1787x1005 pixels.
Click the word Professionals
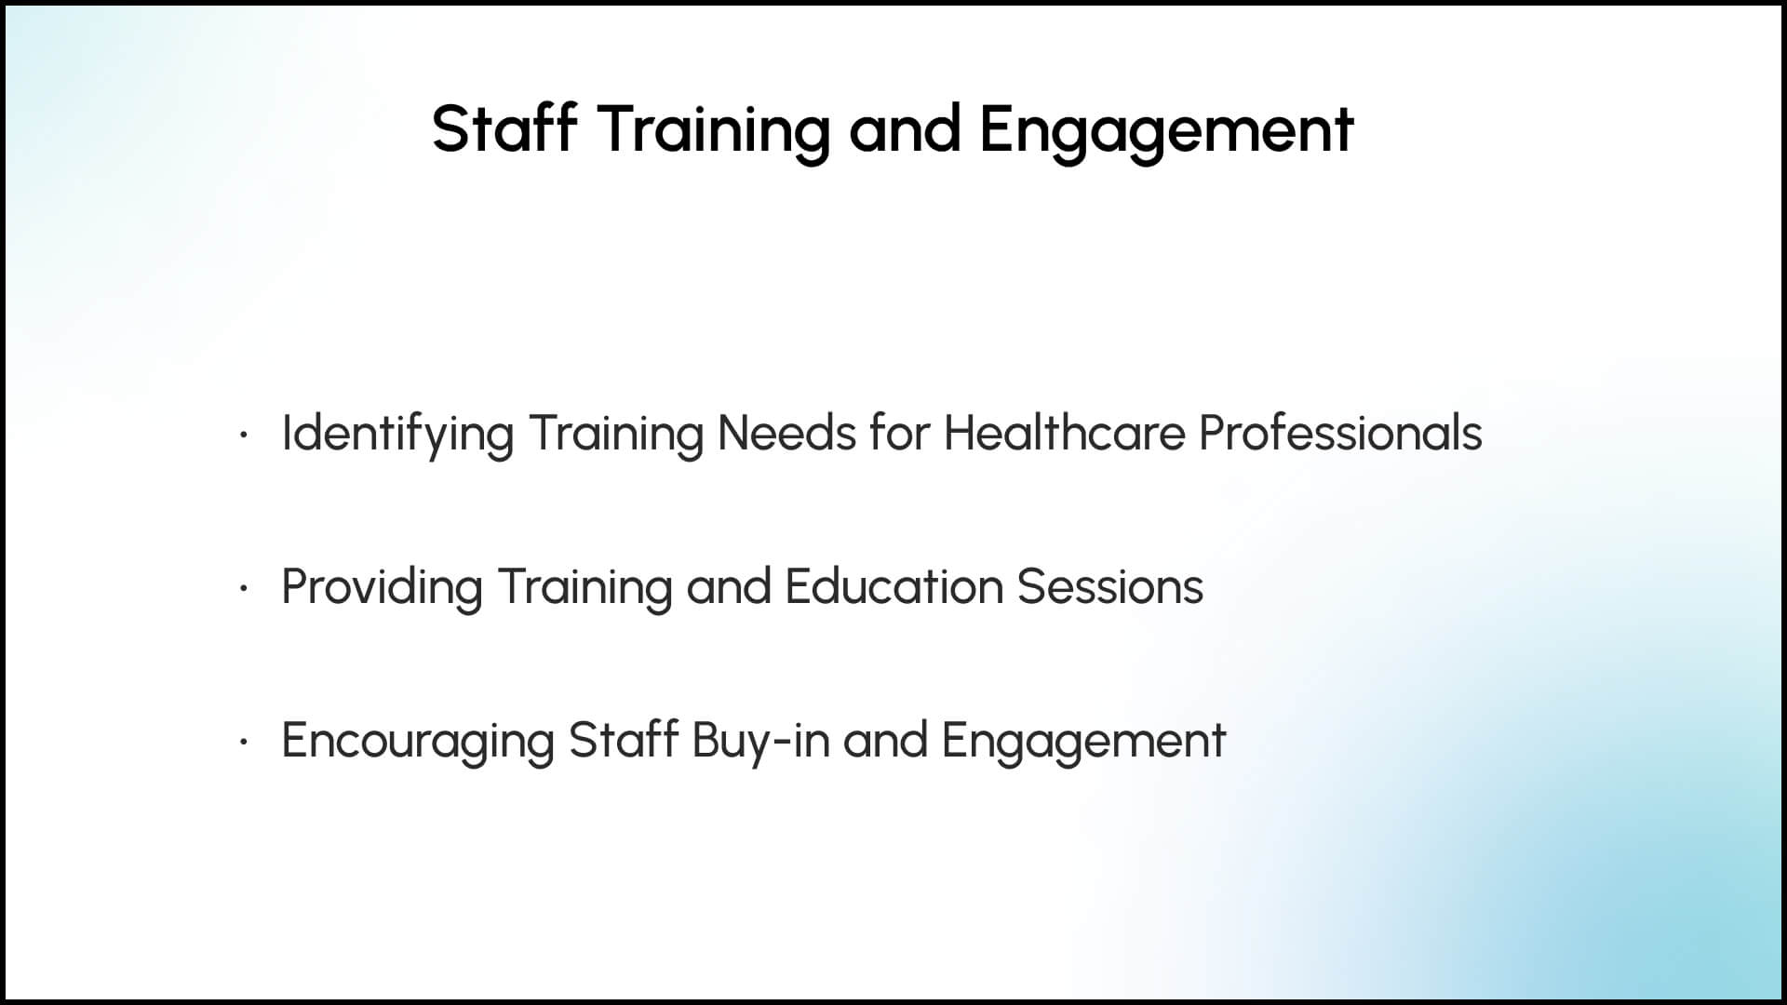pyautogui.click(x=1340, y=433)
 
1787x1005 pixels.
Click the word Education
pyautogui.click(x=893, y=586)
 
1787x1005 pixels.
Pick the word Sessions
pyautogui.click(x=1110, y=587)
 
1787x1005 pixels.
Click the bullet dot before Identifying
pyautogui.click(x=243, y=435)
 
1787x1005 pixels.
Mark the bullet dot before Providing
pyautogui.click(x=243, y=588)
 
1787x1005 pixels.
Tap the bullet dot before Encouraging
pyautogui.click(x=243, y=742)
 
